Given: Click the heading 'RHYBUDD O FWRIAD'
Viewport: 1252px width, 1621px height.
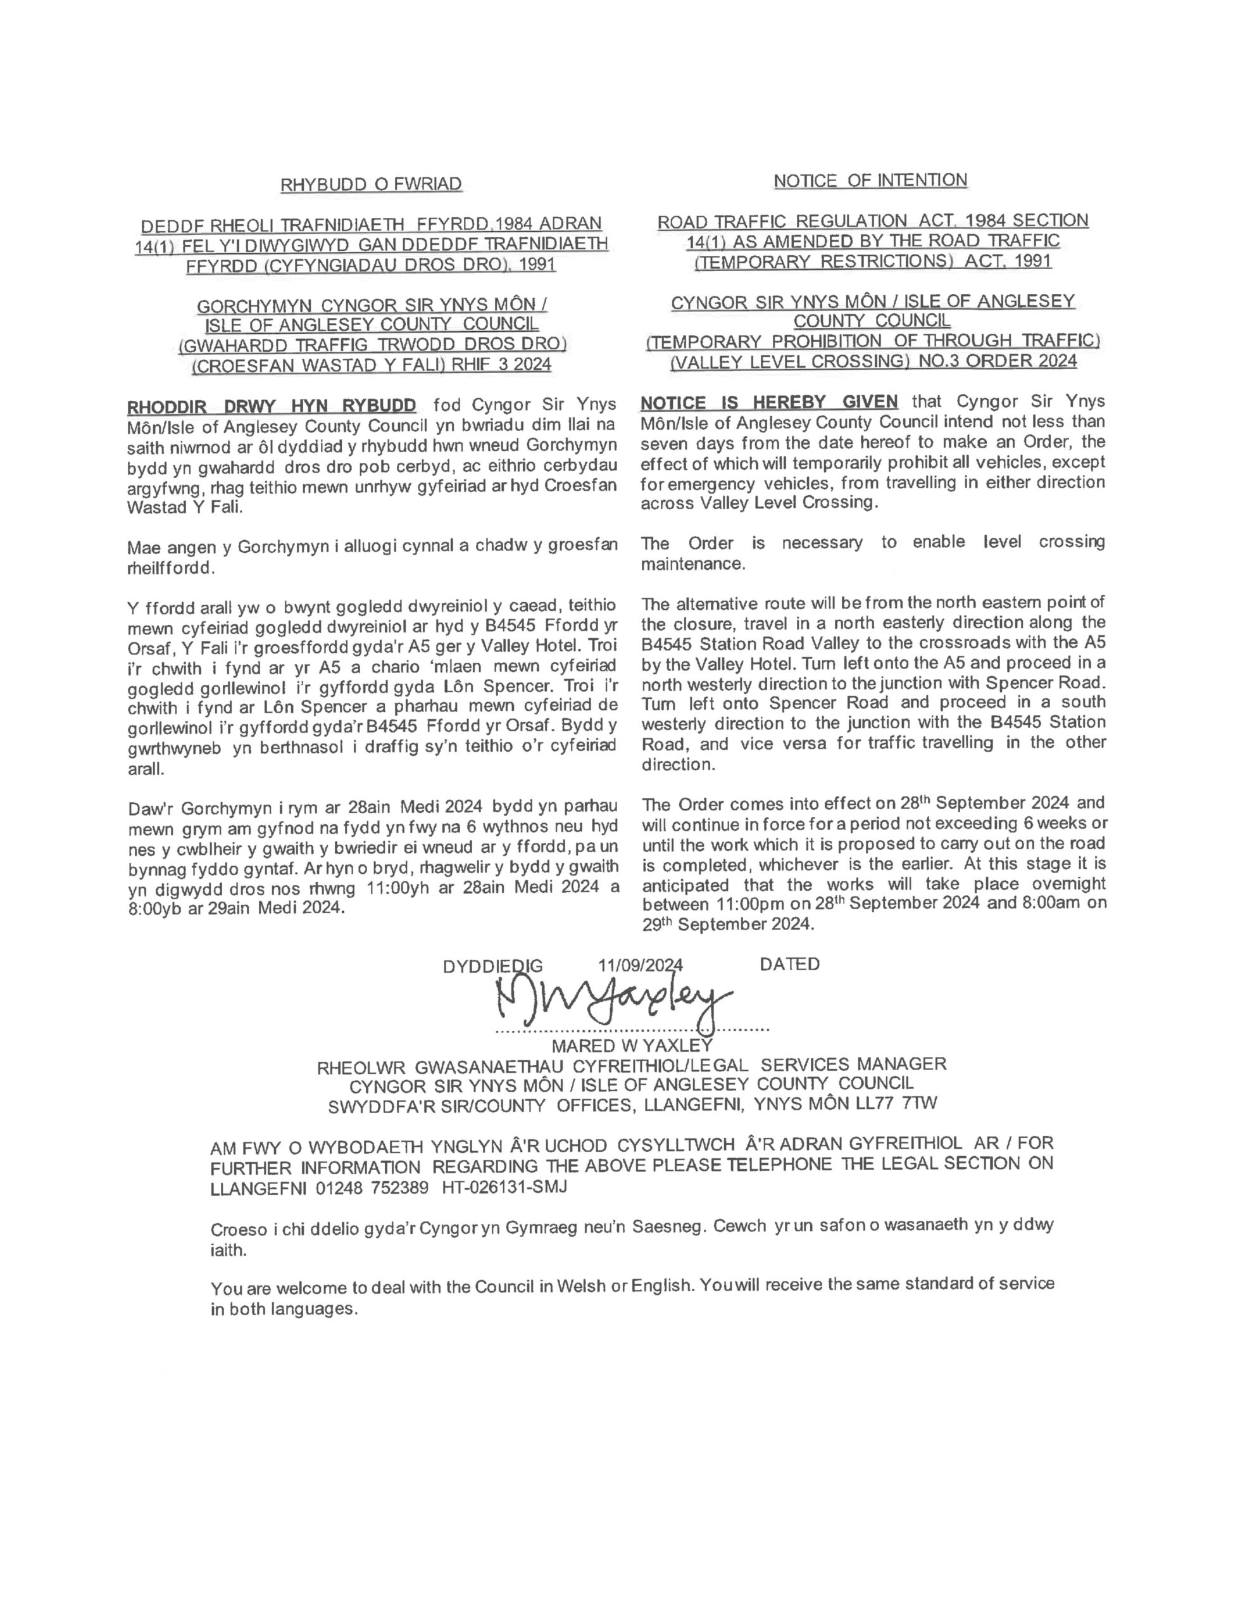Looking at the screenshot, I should [x=370, y=184].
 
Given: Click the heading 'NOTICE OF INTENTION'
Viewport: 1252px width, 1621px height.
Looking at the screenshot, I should [x=870, y=180].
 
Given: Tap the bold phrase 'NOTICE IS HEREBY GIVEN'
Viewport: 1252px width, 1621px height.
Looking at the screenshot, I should [x=768, y=402].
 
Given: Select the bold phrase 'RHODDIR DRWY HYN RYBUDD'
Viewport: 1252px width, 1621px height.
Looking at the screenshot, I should [x=271, y=406].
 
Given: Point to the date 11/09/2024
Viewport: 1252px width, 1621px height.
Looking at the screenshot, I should [x=640, y=965].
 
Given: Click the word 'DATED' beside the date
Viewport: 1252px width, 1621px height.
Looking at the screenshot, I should [x=790, y=964].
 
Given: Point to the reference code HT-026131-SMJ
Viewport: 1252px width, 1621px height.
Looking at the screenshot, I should [x=504, y=1187].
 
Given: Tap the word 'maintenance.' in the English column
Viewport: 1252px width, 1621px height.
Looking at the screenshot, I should [x=692, y=564].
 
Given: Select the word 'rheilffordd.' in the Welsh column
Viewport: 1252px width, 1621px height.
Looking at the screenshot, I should [x=172, y=569].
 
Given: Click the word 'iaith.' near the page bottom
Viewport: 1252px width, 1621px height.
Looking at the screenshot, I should [x=228, y=1251].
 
